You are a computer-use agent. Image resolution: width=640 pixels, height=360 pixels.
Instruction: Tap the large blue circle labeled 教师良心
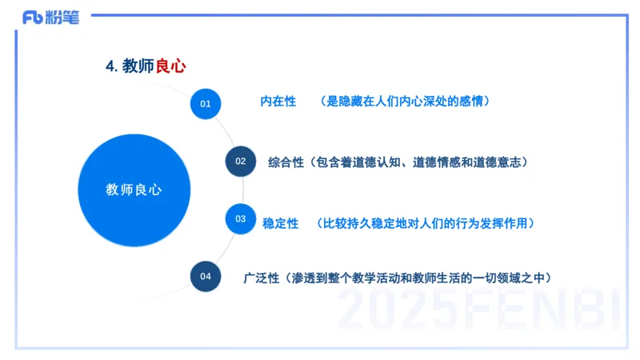(134, 190)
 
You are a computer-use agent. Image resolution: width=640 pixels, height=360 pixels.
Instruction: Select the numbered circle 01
(206, 103)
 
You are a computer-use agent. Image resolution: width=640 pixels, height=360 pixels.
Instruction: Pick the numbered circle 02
(240, 162)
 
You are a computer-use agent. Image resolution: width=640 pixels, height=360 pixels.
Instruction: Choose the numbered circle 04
(206, 277)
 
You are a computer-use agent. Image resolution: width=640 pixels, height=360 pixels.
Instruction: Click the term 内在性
(278, 102)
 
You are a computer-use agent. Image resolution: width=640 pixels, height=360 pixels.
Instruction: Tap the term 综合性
(286, 162)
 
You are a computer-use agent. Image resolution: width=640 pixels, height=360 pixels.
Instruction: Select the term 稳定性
(280, 222)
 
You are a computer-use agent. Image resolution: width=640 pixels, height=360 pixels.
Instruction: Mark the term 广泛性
(261, 278)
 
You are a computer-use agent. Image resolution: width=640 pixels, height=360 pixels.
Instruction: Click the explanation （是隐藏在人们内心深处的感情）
(404, 102)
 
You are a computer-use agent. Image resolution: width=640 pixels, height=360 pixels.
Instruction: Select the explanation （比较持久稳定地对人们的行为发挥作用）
(424, 222)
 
